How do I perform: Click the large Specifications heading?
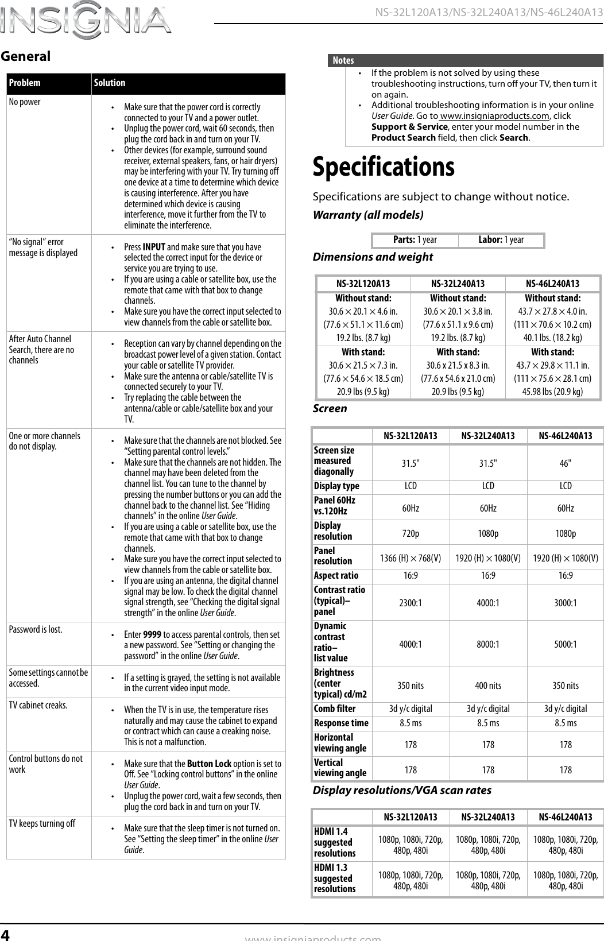coord(384,167)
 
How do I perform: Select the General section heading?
coord(26,56)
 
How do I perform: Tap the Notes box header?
coord(343,60)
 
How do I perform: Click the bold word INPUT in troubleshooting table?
coord(154,247)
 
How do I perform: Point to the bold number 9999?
coord(152,634)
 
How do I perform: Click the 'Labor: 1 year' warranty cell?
coord(501,239)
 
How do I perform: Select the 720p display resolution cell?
coord(410,533)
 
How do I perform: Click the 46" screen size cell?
coord(565,461)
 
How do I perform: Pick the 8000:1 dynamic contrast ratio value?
coord(488,644)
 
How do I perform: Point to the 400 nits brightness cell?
coord(488,686)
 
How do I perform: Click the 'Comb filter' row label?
coord(335,708)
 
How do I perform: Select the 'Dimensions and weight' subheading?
coord(373,257)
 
